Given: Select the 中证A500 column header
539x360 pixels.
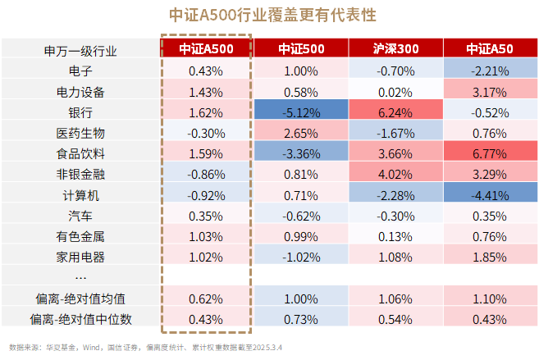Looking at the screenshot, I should tap(206, 49).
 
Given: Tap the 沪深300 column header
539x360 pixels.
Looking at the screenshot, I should tap(395, 49).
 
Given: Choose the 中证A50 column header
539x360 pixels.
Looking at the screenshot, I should tap(490, 49).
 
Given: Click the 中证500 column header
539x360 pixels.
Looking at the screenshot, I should tap(300, 49).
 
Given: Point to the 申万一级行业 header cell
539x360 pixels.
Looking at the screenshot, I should tap(80, 50).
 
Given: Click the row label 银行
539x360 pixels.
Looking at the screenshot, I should tap(80, 112).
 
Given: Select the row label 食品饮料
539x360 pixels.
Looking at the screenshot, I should tap(80, 153).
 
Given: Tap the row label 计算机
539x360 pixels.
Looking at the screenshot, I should tap(80, 195).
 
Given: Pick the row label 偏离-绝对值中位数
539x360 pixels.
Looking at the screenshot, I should tap(80, 318).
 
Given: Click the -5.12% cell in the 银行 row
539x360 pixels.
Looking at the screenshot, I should tap(300, 112).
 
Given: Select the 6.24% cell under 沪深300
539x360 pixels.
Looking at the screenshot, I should tap(395, 112).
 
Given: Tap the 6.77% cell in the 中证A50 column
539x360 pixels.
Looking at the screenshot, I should tap(490, 153).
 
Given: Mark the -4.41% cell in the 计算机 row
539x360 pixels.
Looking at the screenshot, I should tap(490, 195).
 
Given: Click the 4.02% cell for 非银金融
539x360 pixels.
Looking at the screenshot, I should tap(395, 175).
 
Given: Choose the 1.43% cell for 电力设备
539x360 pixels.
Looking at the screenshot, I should tap(206, 91).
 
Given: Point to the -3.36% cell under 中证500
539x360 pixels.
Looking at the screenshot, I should tap(300, 153).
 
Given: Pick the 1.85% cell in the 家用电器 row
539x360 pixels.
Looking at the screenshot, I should tap(490, 257).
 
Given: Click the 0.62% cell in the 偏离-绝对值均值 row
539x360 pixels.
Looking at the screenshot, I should tap(206, 298).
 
